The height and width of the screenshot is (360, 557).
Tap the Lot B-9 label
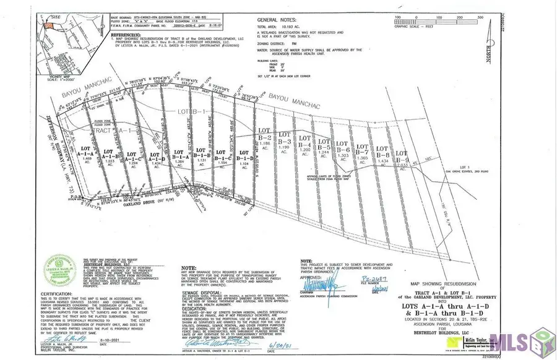click(402, 155)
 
